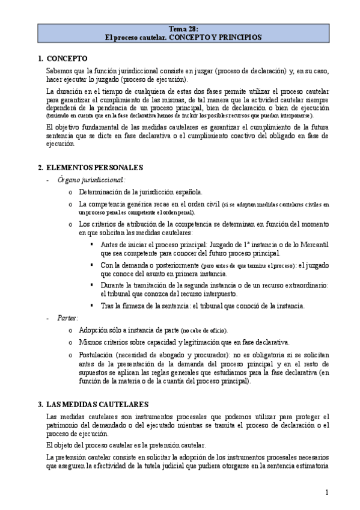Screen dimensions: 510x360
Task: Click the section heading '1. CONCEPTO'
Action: [x=63, y=59]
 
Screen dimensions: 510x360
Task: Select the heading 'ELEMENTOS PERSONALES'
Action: [x=94, y=167]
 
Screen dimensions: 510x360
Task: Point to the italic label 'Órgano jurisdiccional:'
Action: [x=91, y=179]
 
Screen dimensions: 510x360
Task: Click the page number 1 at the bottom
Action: [x=327, y=493]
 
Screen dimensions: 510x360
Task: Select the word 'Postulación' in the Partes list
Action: [x=99, y=355]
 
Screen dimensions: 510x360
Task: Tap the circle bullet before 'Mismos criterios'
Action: [x=71, y=342]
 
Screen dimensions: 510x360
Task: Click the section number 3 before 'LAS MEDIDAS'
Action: [x=40, y=405]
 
